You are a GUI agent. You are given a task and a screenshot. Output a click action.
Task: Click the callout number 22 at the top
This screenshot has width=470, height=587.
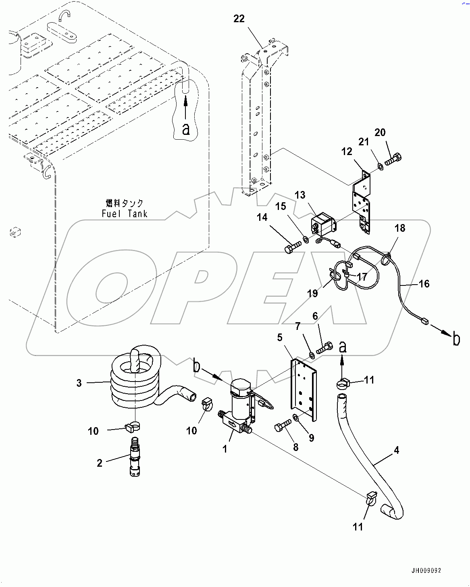coord(239,19)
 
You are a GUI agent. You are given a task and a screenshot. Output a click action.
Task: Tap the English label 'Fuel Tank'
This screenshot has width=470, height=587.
coord(125,214)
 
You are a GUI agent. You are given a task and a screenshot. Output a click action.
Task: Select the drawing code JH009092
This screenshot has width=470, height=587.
coord(426,570)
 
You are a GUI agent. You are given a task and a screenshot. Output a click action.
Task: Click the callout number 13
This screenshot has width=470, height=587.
coord(300,195)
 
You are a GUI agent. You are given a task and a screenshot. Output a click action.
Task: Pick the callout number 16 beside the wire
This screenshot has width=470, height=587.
coord(424,284)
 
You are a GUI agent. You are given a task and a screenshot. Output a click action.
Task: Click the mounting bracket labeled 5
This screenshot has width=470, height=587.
coord(304,390)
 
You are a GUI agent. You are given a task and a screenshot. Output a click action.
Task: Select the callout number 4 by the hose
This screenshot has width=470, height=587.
coord(397,450)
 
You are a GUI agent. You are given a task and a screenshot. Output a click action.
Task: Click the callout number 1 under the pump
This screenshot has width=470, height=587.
coord(225,449)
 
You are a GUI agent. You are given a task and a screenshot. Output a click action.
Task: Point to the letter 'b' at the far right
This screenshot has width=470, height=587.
coord(456,339)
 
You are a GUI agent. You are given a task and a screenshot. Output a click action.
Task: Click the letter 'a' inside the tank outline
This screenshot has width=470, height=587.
coord(185,128)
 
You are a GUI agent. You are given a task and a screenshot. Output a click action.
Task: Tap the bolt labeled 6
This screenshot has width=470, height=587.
coord(324,348)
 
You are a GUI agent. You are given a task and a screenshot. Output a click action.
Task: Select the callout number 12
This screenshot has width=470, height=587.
coord(347,151)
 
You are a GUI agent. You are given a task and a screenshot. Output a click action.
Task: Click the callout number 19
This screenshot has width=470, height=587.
coord(313,293)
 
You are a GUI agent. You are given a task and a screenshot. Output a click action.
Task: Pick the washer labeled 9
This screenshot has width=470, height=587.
coord(296,416)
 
